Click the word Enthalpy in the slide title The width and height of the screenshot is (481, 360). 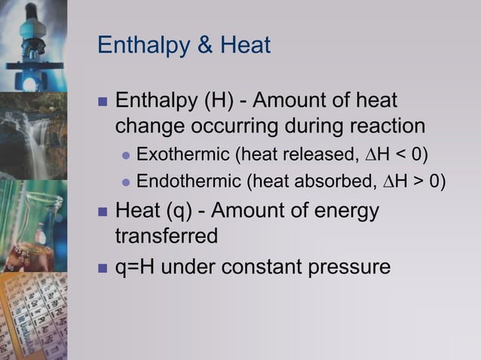pos(142,46)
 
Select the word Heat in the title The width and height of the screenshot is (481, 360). pos(245,46)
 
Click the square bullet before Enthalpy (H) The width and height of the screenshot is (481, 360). pos(103,101)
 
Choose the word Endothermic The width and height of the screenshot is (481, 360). pos(188,181)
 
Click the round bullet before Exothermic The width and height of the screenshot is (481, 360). pos(127,156)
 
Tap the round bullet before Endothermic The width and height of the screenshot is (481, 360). pos(127,182)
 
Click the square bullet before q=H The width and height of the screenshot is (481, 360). pos(103,267)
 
